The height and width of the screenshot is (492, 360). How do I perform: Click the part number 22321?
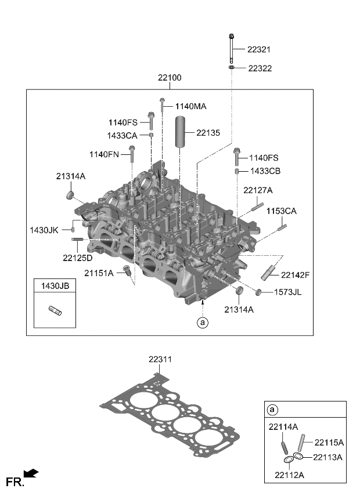(x=259, y=50)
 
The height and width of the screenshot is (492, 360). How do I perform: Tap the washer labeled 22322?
(x=232, y=68)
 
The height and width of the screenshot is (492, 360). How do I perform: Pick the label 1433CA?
(x=122, y=135)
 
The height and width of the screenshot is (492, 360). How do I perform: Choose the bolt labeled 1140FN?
(x=132, y=154)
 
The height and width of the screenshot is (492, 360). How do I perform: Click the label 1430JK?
(x=44, y=230)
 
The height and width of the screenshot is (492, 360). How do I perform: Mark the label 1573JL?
(x=288, y=292)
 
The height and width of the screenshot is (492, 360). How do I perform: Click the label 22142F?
(x=295, y=274)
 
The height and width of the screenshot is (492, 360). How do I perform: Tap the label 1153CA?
(x=282, y=212)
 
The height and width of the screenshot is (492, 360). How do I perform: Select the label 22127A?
(x=258, y=190)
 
